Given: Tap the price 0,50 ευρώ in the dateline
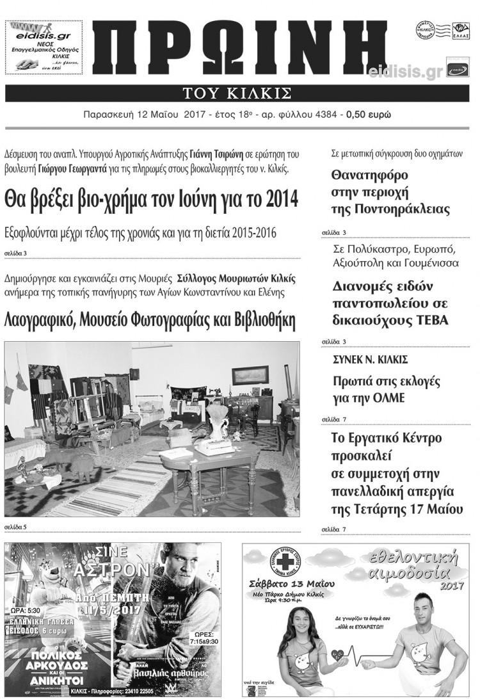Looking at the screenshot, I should [x=369, y=115].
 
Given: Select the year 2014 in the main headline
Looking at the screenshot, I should [x=282, y=199].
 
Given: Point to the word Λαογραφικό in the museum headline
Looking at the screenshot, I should [x=41, y=319].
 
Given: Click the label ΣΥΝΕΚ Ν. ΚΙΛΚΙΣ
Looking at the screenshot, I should [x=371, y=360].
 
